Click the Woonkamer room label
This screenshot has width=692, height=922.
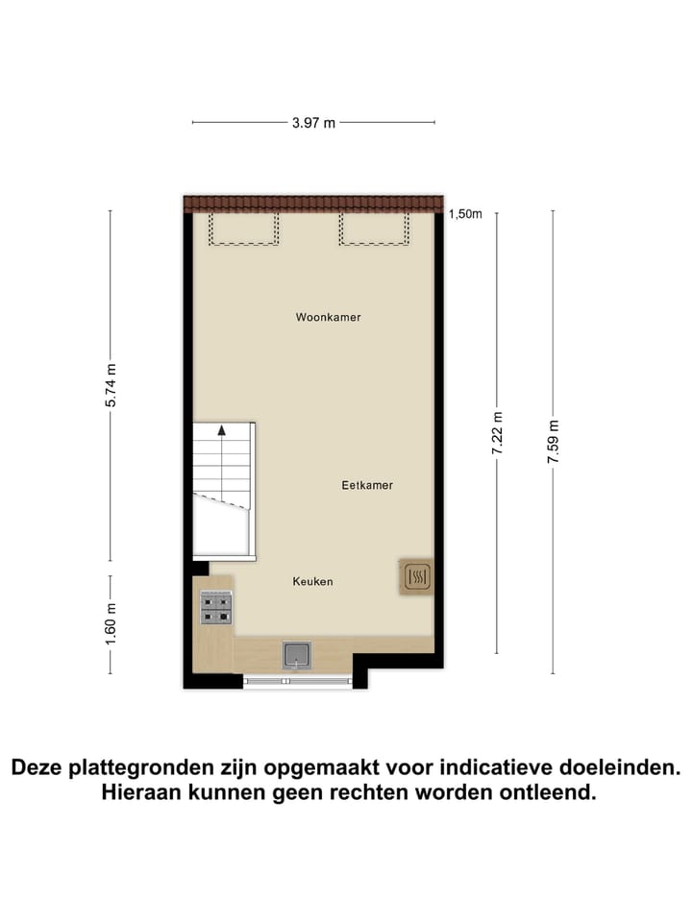(329, 317)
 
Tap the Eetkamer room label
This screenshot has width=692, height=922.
(367, 486)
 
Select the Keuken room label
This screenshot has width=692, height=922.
(313, 582)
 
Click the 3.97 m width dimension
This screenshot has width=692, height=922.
(313, 123)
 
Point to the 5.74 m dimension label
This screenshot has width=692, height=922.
(111, 385)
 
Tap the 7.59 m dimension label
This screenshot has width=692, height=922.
(553, 442)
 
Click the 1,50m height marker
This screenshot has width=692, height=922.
(465, 215)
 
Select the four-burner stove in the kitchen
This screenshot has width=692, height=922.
(215, 608)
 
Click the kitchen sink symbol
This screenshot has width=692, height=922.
(297, 655)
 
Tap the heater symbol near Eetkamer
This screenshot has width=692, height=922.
(417, 576)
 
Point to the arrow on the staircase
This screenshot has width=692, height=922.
(222, 430)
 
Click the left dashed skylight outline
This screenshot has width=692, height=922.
(244, 230)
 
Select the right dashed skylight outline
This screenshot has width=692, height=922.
(375, 230)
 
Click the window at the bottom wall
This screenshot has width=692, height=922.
(297, 681)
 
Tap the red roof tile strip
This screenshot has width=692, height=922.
(314, 204)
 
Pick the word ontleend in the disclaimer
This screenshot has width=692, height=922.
(556, 794)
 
